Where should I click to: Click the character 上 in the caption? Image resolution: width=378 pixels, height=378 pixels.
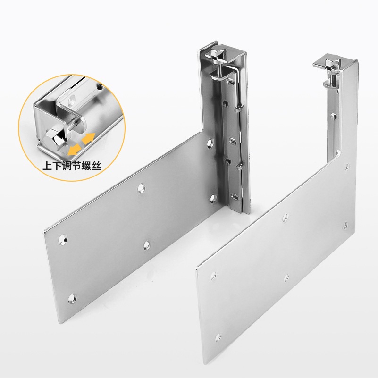coord(48,166)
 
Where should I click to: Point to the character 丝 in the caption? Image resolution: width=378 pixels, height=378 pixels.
coord(96,166)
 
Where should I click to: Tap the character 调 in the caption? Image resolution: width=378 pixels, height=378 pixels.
coord(67,166)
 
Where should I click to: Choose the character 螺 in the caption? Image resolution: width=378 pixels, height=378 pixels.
coord(86,166)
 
